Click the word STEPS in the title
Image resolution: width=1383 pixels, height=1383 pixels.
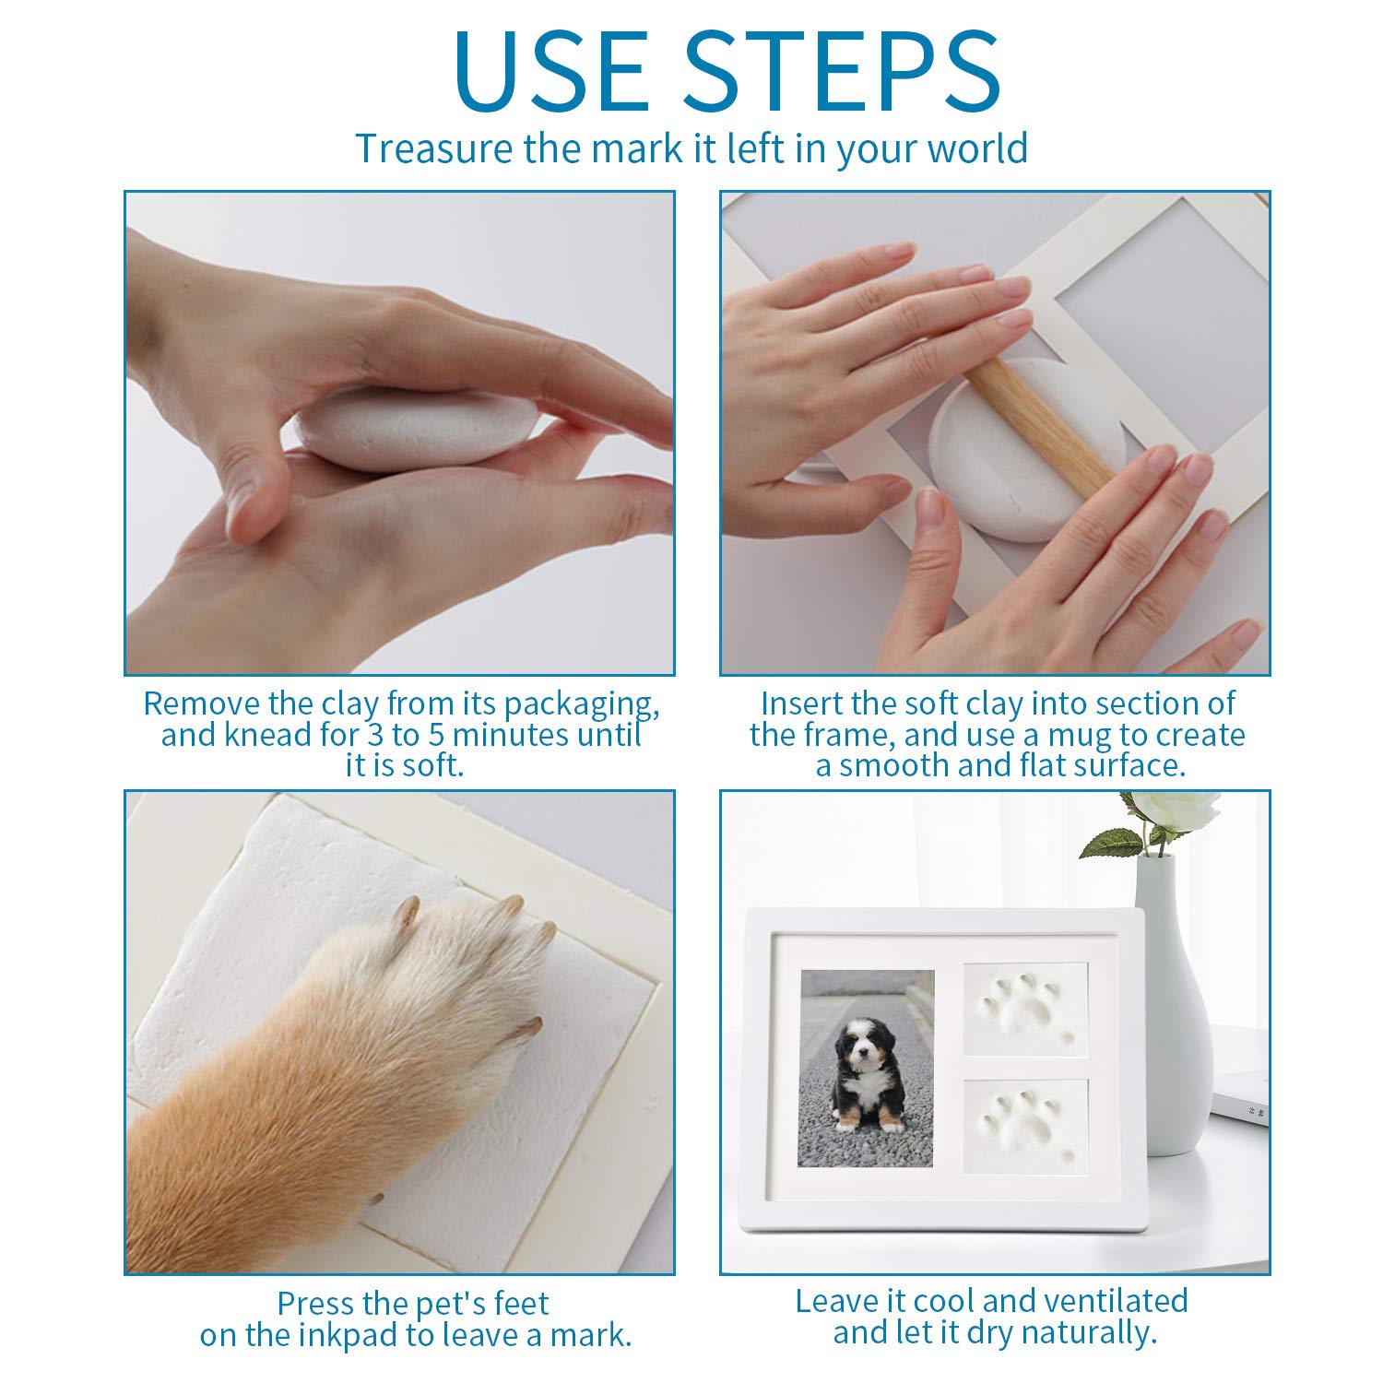[842, 71]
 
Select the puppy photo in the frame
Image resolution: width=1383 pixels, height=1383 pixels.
[866, 1068]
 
